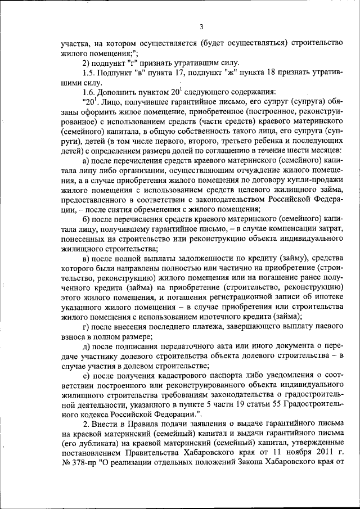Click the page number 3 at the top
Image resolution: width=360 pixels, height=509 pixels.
[x=201, y=26]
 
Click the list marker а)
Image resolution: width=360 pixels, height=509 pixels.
[x=87, y=162]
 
